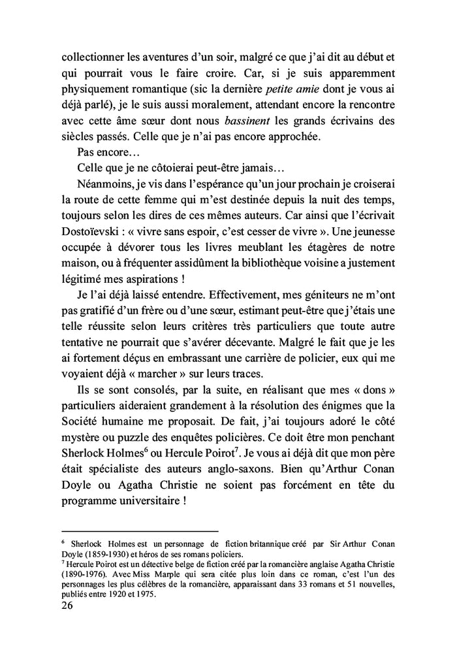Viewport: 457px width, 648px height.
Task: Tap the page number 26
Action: [x=68, y=606]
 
